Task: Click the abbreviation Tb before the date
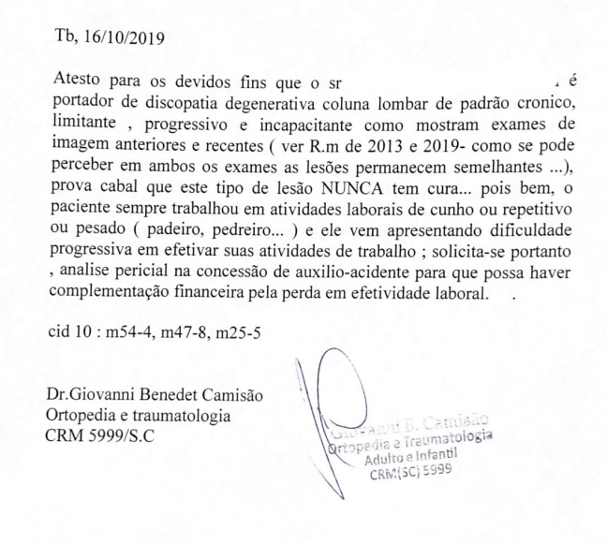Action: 68,38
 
